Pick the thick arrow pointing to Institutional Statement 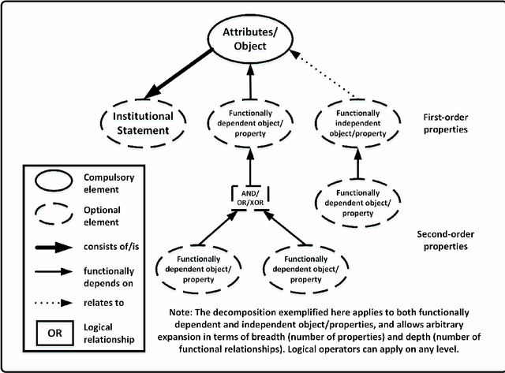[x=185, y=73]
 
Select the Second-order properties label [x=451, y=240]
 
